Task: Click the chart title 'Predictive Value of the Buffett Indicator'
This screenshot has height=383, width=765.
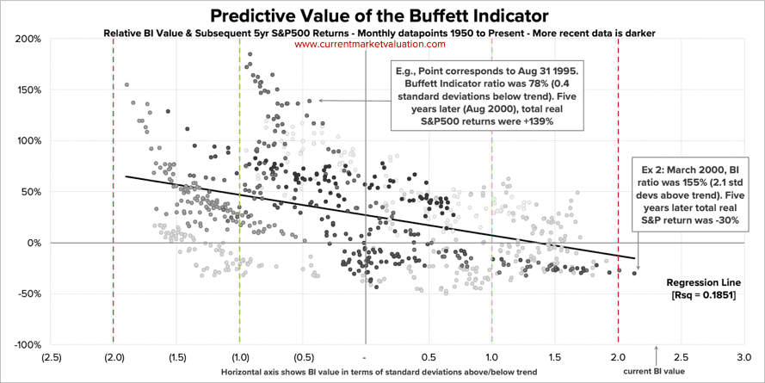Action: point(382,15)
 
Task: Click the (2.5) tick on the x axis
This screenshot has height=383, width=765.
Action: point(51,355)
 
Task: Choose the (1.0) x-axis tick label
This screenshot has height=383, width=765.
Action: point(240,355)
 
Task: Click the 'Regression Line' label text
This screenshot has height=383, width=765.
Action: point(703,281)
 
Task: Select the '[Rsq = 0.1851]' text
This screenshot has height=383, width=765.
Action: point(703,295)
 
